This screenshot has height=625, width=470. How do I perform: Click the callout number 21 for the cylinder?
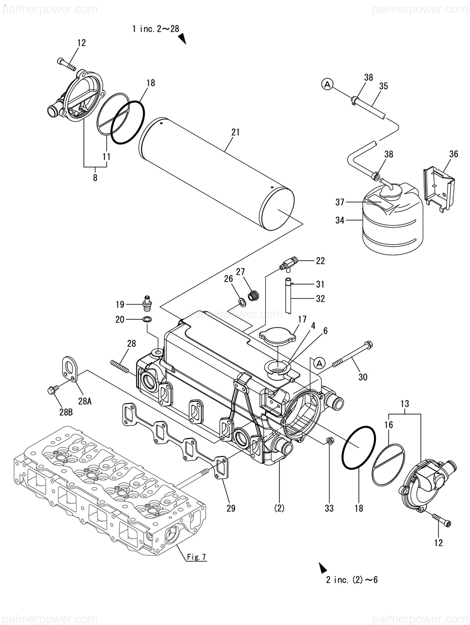[x=235, y=132]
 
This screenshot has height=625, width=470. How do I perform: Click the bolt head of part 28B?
[x=52, y=390]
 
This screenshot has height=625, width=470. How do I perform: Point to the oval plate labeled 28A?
[x=70, y=369]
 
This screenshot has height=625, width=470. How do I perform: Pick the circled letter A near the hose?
[x=328, y=84]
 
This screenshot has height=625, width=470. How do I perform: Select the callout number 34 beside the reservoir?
[x=340, y=220]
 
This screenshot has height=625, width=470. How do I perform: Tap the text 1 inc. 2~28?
[x=156, y=28]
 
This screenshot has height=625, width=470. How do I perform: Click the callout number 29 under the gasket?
[x=231, y=508]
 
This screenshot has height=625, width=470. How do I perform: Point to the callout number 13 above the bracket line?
[x=405, y=403]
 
